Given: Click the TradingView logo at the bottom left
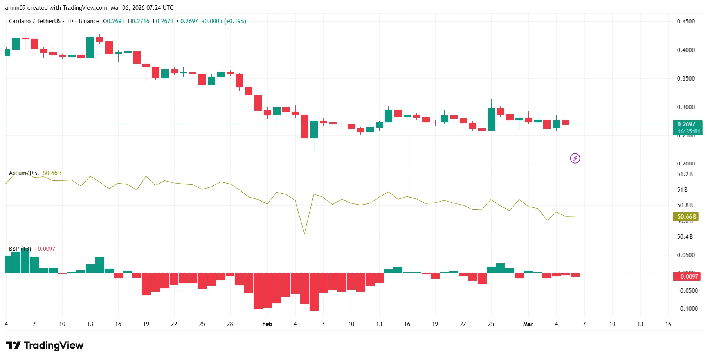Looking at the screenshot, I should pyautogui.click(x=45, y=345).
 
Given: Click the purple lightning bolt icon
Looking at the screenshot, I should pyautogui.click(x=575, y=158).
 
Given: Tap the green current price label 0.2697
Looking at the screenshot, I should pyautogui.click(x=687, y=124).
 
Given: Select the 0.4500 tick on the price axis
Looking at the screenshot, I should pyautogui.click(x=686, y=22).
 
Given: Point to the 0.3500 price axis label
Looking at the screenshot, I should pyautogui.click(x=686, y=79).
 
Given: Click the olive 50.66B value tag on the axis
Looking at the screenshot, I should pyautogui.click(x=687, y=217).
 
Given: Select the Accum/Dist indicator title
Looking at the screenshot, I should pyautogui.click(x=24, y=173).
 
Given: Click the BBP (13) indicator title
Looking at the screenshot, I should pyautogui.click(x=20, y=249).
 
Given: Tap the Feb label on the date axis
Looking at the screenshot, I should pyautogui.click(x=267, y=324).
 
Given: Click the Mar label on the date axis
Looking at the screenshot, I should pyautogui.click(x=528, y=324).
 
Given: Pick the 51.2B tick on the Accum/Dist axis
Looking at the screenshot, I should pyautogui.click(x=685, y=174).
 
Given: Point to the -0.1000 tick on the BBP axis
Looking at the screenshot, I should pyautogui.click(x=687, y=309).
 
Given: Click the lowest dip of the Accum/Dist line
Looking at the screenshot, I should pyautogui.click(x=305, y=234).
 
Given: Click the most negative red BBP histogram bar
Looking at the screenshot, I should pyautogui.click(x=314, y=292).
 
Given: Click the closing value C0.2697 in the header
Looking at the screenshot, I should pyautogui.click(x=187, y=21).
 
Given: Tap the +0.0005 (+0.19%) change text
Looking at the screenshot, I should pyautogui.click(x=223, y=21).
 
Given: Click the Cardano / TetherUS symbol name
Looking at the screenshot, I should pyautogui.click(x=35, y=21).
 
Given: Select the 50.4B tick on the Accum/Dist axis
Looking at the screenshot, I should pyautogui.click(x=685, y=237).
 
